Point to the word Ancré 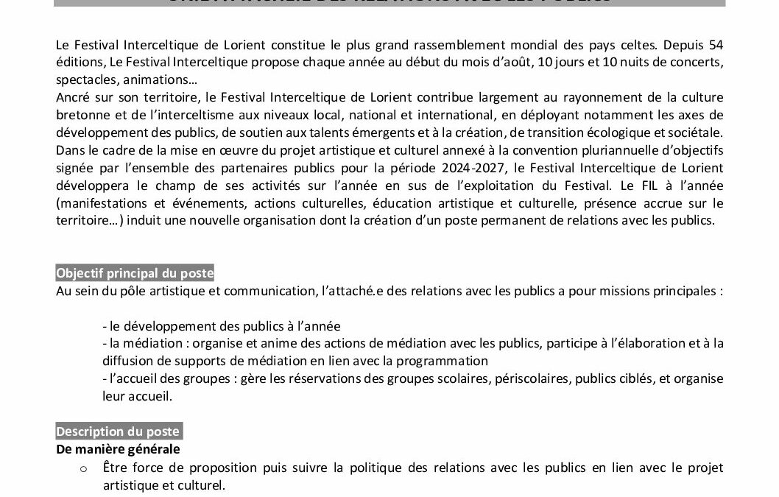[x=72, y=97]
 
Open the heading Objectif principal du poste [x=135, y=273]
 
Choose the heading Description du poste [x=118, y=431]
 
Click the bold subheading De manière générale [x=118, y=449]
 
